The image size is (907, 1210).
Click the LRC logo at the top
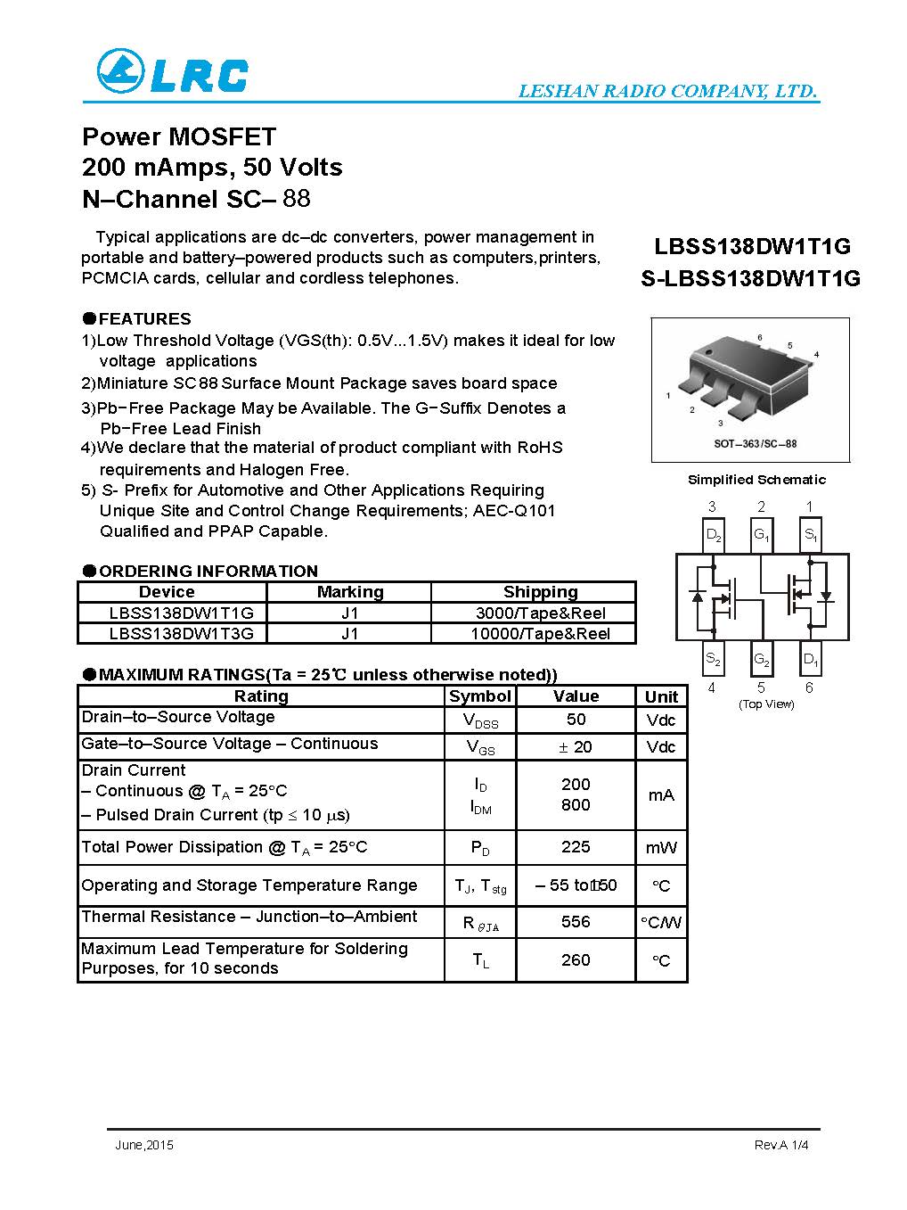pos(172,71)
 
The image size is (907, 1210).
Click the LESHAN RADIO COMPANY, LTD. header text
pos(668,91)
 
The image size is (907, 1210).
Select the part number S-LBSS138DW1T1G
pos(750,279)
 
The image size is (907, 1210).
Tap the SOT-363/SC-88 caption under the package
pos(755,443)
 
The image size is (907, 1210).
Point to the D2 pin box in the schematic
pos(713,535)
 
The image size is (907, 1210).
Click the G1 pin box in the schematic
pos(761,535)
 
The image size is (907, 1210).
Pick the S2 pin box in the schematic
pos(713,660)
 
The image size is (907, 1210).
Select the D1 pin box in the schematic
pos(810,660)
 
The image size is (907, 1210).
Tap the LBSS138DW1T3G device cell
pos(181,633)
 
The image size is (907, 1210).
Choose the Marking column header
pos(350,592)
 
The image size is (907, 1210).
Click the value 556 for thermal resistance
pos(576,921)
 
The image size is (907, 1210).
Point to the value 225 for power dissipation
pos(576,846)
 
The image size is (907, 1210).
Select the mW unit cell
pos(661,848)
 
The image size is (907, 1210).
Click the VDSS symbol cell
pos(480,720)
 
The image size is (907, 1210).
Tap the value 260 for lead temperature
pos(576,959)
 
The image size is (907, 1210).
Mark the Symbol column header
pos(480,696)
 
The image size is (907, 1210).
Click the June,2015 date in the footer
pos(144,1145)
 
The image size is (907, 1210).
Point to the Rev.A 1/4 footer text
pos(781,1145)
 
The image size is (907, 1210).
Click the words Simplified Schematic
pos(756,480)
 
